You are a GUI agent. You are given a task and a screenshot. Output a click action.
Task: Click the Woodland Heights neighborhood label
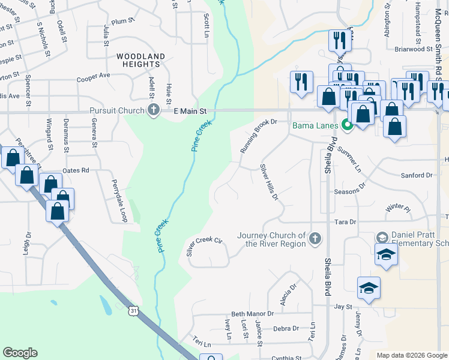140,61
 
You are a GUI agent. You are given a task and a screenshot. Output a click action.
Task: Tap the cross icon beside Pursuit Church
154,110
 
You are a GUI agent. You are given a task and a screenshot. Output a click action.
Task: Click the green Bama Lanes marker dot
346,125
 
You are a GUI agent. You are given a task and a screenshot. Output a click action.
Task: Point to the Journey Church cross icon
313,239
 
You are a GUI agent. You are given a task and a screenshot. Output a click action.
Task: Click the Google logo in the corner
20,353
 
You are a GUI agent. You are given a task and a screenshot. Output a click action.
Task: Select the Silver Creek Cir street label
204,247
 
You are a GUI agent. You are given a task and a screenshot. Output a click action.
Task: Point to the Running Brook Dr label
258,135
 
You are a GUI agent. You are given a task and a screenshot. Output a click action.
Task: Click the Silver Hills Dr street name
270,182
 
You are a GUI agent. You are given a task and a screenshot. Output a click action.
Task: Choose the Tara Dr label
345,221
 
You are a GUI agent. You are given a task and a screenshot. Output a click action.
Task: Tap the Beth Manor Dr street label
252,314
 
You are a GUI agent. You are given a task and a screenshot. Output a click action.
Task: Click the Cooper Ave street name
94,77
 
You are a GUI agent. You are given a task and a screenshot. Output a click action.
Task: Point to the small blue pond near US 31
106,307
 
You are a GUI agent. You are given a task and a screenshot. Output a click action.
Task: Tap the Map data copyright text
411,355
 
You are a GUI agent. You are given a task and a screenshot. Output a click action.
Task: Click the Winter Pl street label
397,208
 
